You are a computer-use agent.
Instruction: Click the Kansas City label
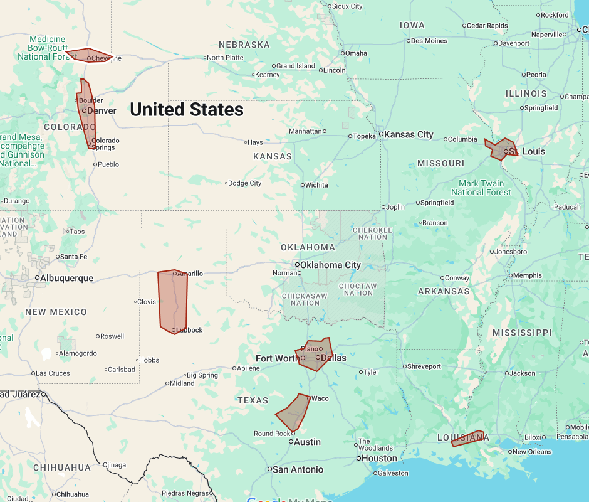click(409, 134)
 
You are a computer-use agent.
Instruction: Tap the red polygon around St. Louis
click(502, 149)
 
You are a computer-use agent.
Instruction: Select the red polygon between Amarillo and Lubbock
click(173, 301)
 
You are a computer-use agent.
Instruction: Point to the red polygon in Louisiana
click(468, 439)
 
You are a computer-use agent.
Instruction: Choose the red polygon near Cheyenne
click(88, 55)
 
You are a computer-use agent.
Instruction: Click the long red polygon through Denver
click(86, 116)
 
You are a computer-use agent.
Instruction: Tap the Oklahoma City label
click(330, 265)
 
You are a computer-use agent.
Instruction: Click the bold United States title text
click(187, 110)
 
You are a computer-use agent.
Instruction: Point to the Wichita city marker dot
click(303, 185)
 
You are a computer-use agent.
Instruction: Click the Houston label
click(380, 458)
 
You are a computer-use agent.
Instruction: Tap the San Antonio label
click(298, 469)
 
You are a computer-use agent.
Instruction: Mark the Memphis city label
click(527, 275)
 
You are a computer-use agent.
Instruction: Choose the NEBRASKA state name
click(244, 45)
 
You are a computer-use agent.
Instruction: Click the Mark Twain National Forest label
click(481, 188)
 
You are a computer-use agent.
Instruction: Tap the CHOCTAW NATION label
click(358, 289)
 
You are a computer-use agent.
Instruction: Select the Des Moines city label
click(429, 41)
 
